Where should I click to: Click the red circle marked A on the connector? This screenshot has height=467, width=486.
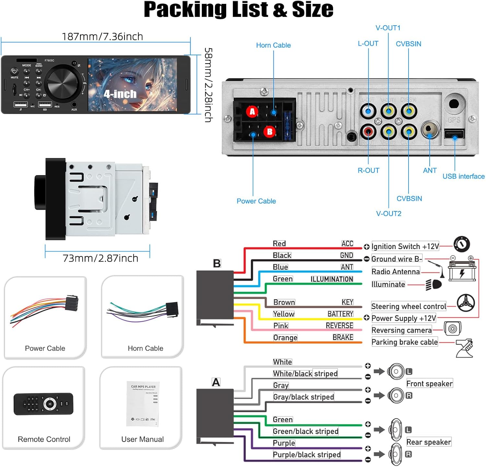[x=252, y=112]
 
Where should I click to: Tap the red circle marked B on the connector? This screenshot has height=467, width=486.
[x=270, y=132]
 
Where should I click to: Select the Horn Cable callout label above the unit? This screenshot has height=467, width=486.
[x=273, y=45]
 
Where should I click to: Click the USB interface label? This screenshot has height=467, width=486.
[x=463, y=176]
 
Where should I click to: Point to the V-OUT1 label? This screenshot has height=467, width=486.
[x=388, y=28]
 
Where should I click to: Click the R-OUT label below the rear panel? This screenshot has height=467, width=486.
[x=368, y=171]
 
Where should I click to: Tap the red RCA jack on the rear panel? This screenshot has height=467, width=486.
[x=368, y=131]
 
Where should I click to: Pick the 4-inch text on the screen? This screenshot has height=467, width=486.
[x=120, y=94]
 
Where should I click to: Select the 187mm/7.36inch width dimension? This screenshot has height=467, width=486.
[x=102, y=37]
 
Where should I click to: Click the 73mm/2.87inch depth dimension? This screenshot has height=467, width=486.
[x=100, y=258]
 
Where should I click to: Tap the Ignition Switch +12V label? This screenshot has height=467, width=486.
[x=405, y=247]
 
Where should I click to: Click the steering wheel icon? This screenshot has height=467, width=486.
[x=466, y=303]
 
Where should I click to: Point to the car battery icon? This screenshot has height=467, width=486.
[x=462, y=271]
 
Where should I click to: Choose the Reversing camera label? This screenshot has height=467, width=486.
[x=401, y=330]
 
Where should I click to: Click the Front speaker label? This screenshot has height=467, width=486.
[x=429, y=384]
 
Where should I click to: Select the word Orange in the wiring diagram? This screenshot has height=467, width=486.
[x=285, y=338]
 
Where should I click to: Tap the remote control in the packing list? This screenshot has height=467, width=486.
[x=43, y=404]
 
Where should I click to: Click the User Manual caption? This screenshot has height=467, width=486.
[x=142, y=439]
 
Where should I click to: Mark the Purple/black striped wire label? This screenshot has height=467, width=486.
[x=307, y=455]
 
